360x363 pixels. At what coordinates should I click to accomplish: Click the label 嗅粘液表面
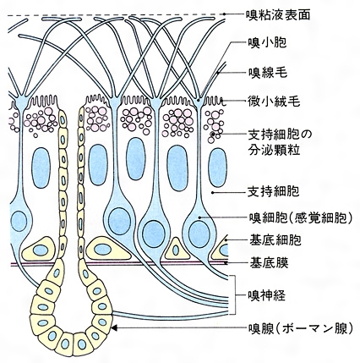tap(278, 14)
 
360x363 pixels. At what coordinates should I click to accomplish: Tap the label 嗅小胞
tap(267, 43)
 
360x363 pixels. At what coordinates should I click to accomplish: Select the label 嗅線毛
tap(267, 73)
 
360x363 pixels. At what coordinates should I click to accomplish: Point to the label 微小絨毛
tap(274, 101)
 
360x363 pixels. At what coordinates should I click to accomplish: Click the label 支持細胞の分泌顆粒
tap(280, 142)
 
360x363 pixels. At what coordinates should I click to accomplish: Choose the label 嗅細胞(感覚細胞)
tap(300, 217)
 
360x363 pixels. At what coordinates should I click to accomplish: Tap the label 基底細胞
tap(275, 240)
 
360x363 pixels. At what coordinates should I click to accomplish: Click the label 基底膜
tap(269, 263)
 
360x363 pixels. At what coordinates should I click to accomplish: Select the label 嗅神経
tap(266, 295)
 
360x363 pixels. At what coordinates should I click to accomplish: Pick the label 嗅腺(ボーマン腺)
tap(300, 328)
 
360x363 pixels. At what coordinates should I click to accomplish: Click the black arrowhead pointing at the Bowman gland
tap(115, 327)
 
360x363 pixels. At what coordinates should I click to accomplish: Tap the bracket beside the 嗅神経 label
tap(233, 295)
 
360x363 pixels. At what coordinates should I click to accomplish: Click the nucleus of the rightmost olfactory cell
tap(199, 234)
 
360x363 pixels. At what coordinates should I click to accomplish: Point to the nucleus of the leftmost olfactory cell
tap(19, 221)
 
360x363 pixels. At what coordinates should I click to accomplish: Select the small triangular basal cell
tap(177, 249)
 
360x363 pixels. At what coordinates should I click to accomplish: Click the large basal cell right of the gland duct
tap(108, 248)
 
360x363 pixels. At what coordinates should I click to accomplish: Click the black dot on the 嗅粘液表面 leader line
tap(225, 14)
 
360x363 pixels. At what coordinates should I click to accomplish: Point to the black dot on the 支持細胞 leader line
tap(212, 193)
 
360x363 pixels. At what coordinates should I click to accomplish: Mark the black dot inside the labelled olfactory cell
tap(199, 217)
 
